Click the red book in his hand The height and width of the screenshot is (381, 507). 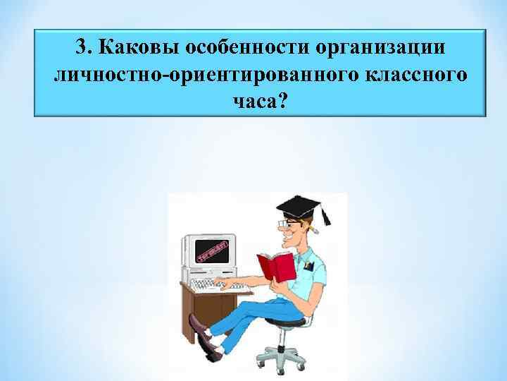click(x=275, y=267)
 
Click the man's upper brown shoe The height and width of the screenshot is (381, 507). click(x=199, y=324)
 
